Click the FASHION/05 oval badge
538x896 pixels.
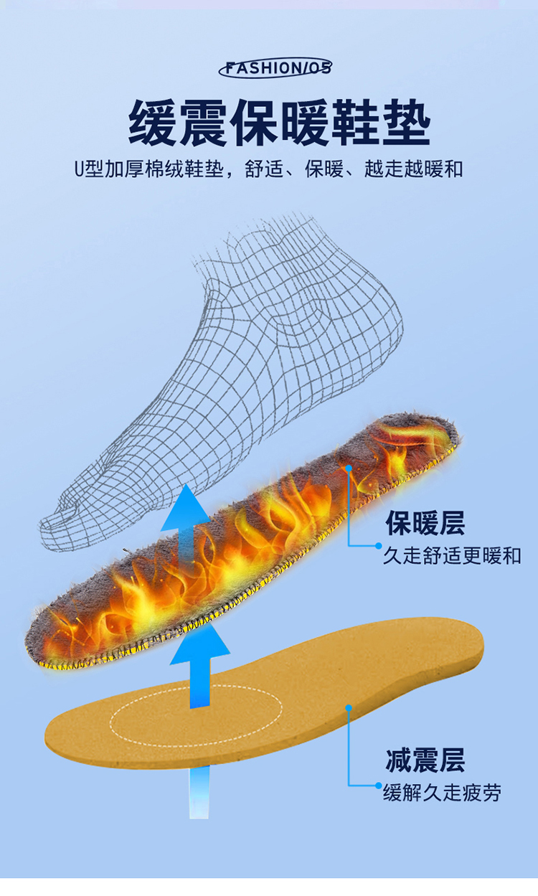[x=275, y=67]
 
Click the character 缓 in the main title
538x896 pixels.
[x=152, y=122]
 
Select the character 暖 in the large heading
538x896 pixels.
[x=305, y=122]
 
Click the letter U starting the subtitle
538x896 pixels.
[x=79, y=169]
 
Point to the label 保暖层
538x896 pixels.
[x=425, y=523]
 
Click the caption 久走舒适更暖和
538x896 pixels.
[x=452, y=556]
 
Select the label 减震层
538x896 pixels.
[x=425, y=760]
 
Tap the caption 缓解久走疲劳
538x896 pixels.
[x=442, y=793]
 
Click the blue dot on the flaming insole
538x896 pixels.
[x=349, y=468]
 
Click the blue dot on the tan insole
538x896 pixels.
[x=349, y=708]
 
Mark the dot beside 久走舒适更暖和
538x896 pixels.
[x=379, y=546]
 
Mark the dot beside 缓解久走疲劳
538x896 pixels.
[x=379, y=786]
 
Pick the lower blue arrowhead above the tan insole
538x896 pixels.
[x=200, y=644]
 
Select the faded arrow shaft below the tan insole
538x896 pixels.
[x=199, y=793]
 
